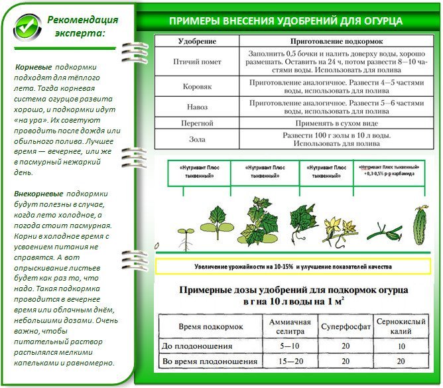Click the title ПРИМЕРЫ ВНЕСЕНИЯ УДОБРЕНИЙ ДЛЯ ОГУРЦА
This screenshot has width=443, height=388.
286,21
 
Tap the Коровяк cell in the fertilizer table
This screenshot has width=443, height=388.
197,86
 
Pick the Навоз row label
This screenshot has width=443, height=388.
197,107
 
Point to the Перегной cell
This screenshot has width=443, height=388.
197,123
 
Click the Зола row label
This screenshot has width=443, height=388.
197,139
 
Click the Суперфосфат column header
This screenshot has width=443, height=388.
346,326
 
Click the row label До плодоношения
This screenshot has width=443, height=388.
198,346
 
